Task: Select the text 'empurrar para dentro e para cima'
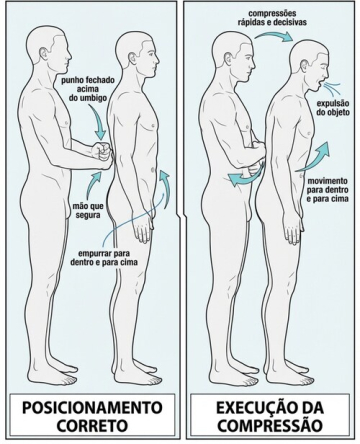[104, 257]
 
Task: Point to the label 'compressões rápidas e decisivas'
[272, 18]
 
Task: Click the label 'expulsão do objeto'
[333, 108]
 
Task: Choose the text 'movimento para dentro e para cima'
[328, 190]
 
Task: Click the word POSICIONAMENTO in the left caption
[92, 408]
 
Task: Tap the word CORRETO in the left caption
[92, 425]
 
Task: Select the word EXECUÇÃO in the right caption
[250, 407]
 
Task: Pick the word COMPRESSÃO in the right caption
[270, 425]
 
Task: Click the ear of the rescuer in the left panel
[43, 53]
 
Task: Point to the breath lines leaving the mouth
[333, 86]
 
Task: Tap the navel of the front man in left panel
[153, 170]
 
